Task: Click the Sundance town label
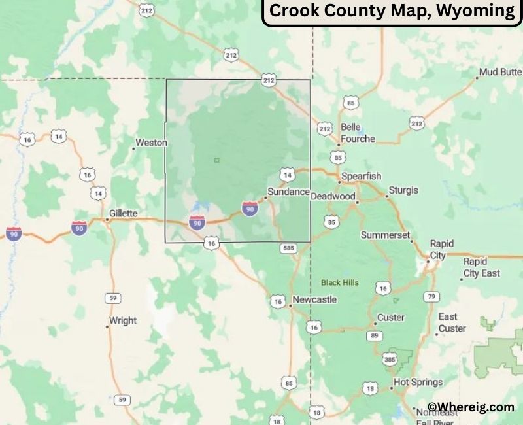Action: pos(288,192)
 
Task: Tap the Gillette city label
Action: pos(123,213)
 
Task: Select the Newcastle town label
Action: pos(314,299)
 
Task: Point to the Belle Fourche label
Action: pos(357,133)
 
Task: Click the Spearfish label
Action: pos(361,177)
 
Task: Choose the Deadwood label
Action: pos(333,196)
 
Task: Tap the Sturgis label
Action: pos(403,190)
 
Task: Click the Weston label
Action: pos(151,143)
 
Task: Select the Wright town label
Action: pos(123,320)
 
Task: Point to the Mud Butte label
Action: pos(500,72)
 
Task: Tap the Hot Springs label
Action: pos(418,382)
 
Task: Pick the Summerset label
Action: pos(385,235)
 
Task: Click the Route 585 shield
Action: pos(288,248)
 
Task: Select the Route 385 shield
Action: pos(390,359)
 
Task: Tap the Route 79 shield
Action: pos(431,297)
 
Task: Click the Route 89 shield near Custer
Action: pos(375,335)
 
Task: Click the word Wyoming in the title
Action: pos(477,11)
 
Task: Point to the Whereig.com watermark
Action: pos(471,407)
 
